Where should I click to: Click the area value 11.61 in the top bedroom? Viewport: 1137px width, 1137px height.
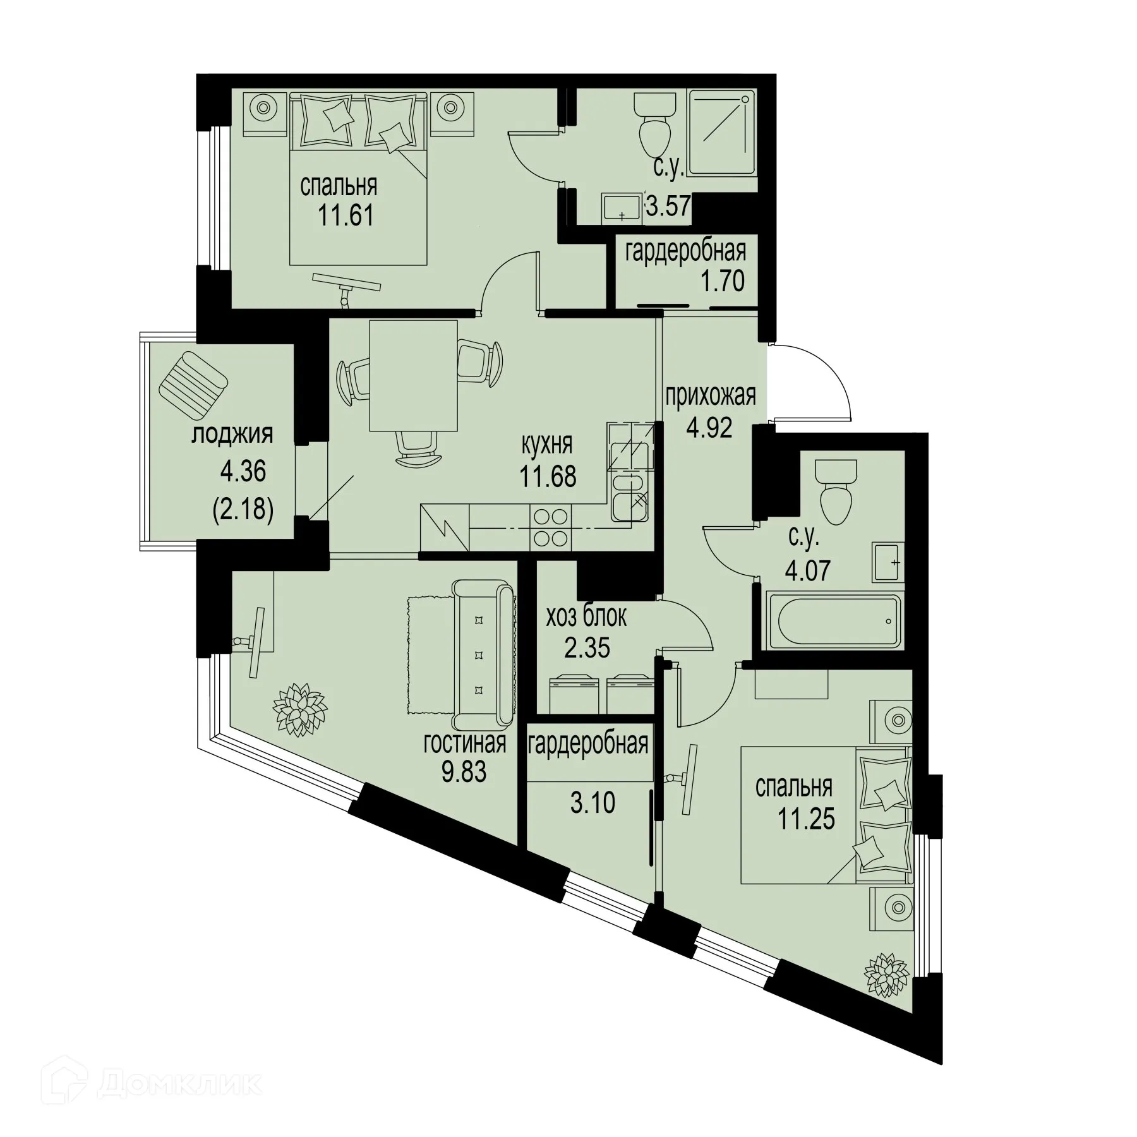[x=346, y=216]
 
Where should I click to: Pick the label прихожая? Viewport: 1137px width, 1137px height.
[x=710, y=396]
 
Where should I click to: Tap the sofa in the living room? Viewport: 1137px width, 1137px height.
[x=483, y=655]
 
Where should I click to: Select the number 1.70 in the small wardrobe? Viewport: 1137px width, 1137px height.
[x=721, y=281]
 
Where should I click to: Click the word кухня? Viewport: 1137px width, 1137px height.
[x=546, y=444]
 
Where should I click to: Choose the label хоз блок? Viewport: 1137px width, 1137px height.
[x=587, y=617]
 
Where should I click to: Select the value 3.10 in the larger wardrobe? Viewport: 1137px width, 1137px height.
[x=592, y=803]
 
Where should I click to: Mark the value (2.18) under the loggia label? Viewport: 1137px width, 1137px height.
[x=243, y=508]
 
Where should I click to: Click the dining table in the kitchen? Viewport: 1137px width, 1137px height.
[x=413, y=375]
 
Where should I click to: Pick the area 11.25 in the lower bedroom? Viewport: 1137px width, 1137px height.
[x=806, y=819]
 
